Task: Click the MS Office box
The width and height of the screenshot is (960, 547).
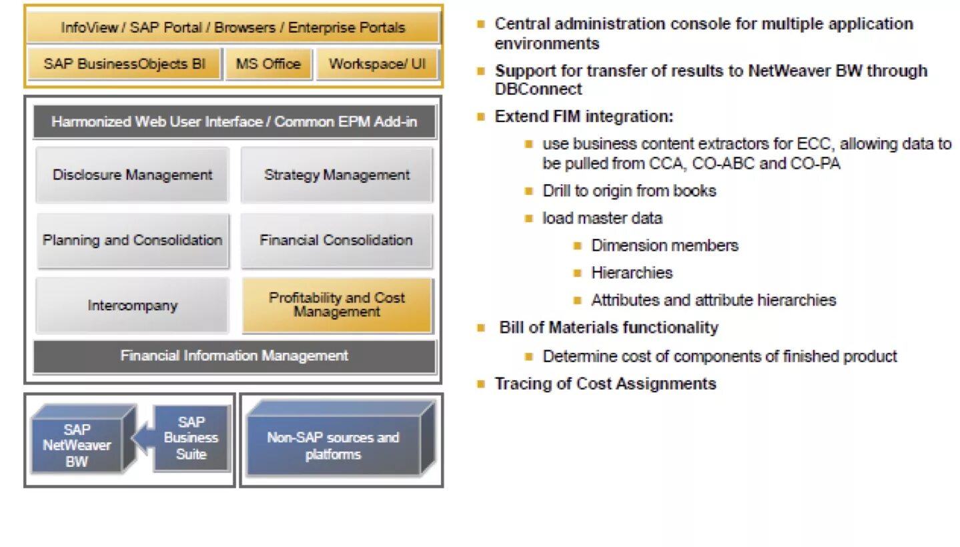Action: click(x=268, y=64)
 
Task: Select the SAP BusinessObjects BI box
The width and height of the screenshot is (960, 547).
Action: click(x=125, y=64)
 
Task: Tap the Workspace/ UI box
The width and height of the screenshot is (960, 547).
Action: click(x=377, y=64)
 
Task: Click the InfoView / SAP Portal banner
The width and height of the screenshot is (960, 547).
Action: click(x=233, y=28)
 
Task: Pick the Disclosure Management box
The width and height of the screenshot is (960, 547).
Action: click(x=132, y=175)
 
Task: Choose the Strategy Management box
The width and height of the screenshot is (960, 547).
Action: click(x=337, y=175)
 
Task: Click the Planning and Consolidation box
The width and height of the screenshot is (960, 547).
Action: click(x=132, y=240)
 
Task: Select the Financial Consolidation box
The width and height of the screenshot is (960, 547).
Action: click(x=336, y=240)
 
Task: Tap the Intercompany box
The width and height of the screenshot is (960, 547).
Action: click(x=132, y=306)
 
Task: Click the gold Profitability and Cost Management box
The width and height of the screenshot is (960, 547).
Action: click(x=337, y=305)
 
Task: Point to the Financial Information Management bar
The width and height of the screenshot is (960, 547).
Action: click(x=234, y=356)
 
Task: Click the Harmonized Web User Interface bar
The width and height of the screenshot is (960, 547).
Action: click(x=234, y=122)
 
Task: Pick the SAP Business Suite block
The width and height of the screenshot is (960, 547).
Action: click(x=191, y=438)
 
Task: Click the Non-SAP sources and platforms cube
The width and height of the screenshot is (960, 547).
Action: click(x=333, y=446)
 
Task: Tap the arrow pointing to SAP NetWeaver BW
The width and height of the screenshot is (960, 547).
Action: click(x=140, y=438)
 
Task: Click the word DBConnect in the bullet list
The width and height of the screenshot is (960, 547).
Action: click(x=538, y=89)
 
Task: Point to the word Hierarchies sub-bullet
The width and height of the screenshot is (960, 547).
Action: click(x=631, y=273)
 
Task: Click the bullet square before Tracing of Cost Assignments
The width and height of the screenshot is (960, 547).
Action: click(x=480, y=384)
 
